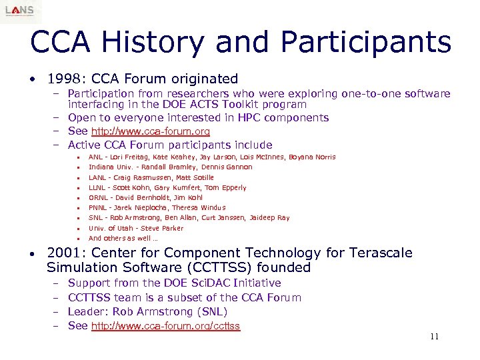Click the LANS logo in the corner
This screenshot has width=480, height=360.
tap(20, 11)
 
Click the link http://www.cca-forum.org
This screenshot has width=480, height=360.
tap(151, 131)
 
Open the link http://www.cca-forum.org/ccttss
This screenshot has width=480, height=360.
tap(165, 326)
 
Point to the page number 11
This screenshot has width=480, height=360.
tap(434, 337)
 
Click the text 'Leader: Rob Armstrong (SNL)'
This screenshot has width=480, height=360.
tap(148, 311)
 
